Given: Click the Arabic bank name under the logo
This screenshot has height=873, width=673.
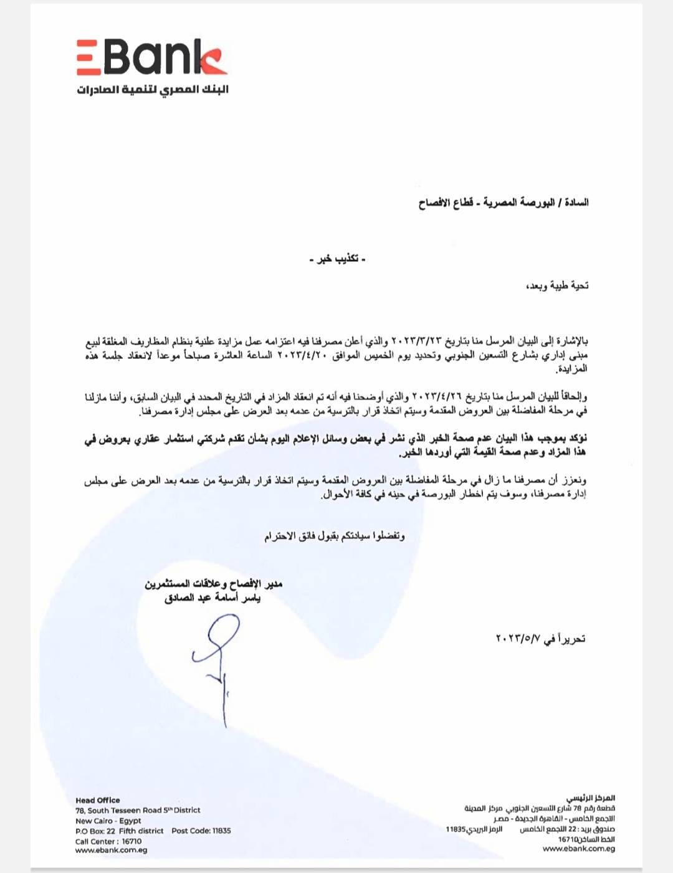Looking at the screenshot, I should [x=153, y=90].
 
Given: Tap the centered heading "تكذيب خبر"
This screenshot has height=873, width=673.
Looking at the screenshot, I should [x=337, y=259].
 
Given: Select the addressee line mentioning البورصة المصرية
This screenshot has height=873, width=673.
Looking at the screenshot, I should [x=504, y=203].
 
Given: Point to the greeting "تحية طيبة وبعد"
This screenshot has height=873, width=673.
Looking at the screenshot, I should [x=557, y=286].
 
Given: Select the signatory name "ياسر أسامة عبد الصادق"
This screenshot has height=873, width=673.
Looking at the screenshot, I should [x=212, y=598].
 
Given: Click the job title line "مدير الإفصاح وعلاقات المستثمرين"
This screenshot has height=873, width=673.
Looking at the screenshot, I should [x=213, y=584].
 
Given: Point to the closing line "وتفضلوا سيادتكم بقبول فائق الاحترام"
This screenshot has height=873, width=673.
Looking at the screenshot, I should [x=335, y=537].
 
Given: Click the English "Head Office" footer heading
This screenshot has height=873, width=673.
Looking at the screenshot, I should [x=98, y=800].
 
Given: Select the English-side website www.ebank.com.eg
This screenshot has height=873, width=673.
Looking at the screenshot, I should [x=112, y=850].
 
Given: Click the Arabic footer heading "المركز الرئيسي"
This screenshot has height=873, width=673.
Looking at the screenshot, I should [x=590, y=798].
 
